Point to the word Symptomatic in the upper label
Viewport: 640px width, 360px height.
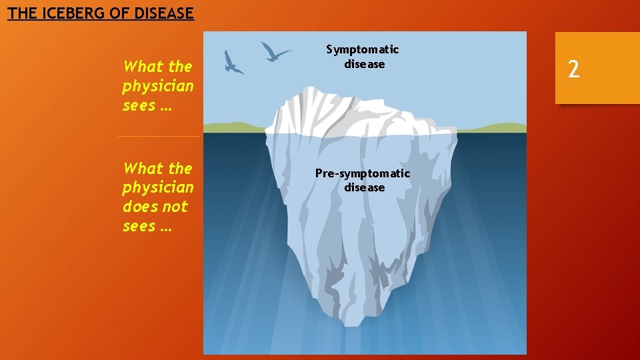(x=363, y=49)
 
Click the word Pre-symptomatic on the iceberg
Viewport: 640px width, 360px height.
(x=363, y=173)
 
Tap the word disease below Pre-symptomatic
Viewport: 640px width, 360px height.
(x=364, y=188)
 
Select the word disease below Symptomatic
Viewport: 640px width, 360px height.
(x=364, y=64)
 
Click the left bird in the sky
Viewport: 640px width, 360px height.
(x=233, y=61)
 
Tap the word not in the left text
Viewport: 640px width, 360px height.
(x=175, y=207)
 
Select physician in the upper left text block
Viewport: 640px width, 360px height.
(x=158, y=87)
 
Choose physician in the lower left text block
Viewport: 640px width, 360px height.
(x=158, y=188)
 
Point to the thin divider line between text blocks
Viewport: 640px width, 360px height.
(x=159, y=136)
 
